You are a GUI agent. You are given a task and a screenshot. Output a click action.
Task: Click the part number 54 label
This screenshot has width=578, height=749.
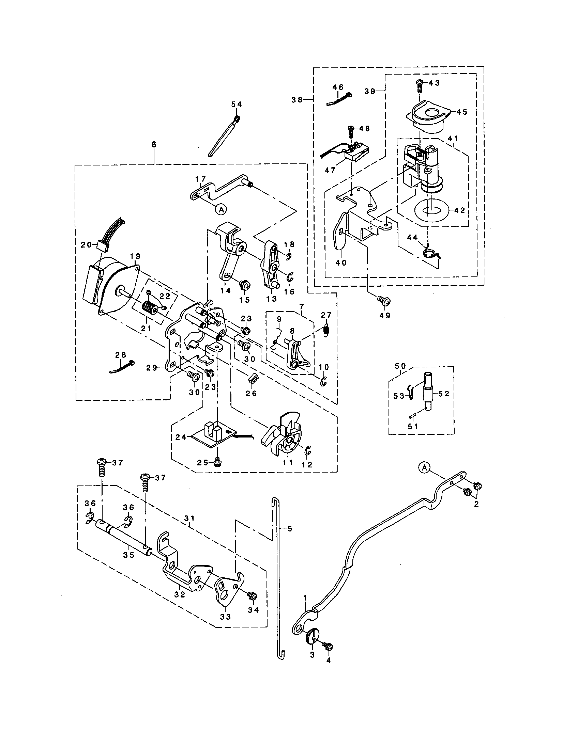pos(236,104)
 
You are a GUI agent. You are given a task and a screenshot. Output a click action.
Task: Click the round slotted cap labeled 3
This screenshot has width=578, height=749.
pos(312,637)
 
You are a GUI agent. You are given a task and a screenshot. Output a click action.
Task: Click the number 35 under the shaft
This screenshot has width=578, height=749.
pos(129,555)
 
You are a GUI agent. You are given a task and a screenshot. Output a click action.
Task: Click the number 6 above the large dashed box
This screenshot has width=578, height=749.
pos(153,144)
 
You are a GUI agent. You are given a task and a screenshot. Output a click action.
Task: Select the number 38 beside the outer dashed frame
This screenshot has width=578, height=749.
pos(297,99)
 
